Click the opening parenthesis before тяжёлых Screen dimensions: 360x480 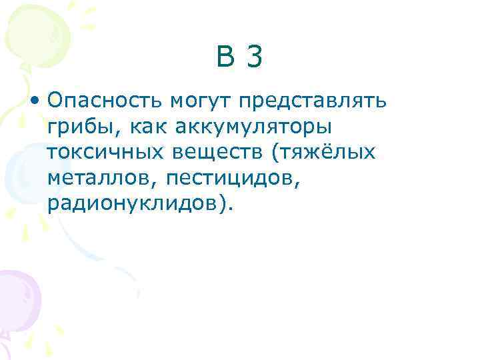(275, 153)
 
